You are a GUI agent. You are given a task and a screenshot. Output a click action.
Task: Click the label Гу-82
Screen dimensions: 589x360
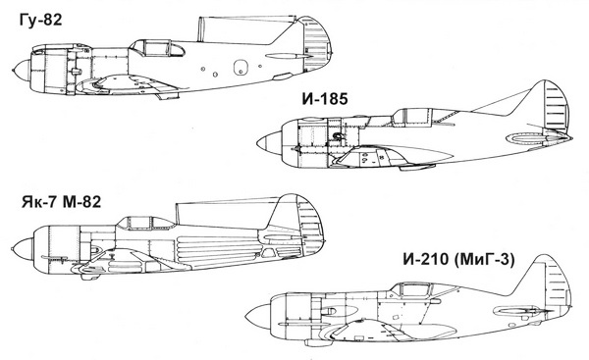(x=40, y=20)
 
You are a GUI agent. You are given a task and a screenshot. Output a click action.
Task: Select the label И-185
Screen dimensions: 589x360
(x=325, y=99)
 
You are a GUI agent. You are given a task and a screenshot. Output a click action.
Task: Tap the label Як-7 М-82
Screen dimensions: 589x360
(x=61, y=202)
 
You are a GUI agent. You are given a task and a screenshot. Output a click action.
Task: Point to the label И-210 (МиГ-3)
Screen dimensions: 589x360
(x=458, y=260)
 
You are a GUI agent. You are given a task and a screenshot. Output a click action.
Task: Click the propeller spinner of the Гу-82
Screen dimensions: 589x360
(x=22, y=71)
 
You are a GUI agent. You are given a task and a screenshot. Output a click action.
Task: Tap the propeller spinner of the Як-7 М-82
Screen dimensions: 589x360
(x=23, y=249)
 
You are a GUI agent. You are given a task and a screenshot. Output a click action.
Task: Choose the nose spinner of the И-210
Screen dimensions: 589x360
(x=259, y=317)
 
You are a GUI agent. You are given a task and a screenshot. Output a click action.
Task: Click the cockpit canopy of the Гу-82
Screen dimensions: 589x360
(x=157, y=48)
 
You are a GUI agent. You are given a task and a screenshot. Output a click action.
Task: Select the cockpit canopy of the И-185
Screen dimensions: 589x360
(x=417, y=116)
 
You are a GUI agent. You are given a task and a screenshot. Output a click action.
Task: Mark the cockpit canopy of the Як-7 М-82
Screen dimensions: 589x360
(x=145, y=223)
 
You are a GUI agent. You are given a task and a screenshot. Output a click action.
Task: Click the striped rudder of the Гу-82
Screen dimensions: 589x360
(x=317, y=44)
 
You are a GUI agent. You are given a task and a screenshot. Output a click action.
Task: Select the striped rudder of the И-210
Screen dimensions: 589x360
(x=558, y=282)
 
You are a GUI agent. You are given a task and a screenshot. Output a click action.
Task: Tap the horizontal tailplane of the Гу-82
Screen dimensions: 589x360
(x=288, y=56)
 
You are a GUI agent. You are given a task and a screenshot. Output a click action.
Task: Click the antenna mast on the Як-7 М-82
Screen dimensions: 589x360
(x=177, y=214)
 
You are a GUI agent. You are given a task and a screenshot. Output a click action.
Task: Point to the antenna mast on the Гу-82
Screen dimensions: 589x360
(x=201, y=28)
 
